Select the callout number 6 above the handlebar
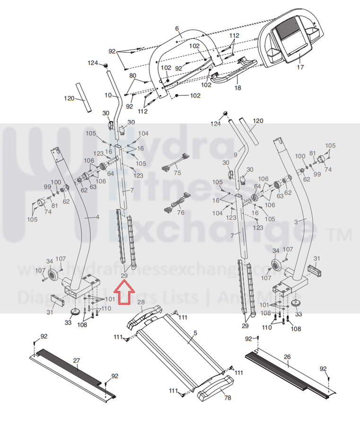coord(177,29)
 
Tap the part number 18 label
coord(237,88)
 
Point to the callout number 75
coord(177,173)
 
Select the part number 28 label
coord(140,302)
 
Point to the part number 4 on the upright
coord(97,217)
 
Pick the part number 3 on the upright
coord(296,221)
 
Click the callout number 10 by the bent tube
coord(108,95)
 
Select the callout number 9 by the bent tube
coord(235,154)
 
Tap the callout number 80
coord(132,76)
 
